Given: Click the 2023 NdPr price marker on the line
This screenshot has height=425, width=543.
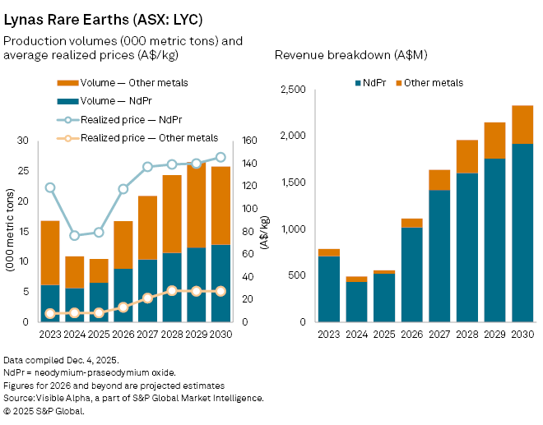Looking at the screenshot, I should point(50,187).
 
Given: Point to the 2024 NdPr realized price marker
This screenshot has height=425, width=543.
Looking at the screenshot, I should point(75,235).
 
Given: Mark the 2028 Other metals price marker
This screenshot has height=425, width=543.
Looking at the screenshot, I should point(172,291).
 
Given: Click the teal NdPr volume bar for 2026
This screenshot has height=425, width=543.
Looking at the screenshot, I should point(123,295).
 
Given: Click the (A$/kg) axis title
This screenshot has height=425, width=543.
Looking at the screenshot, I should point(263,232).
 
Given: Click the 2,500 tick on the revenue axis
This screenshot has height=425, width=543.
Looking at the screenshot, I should point(294,89).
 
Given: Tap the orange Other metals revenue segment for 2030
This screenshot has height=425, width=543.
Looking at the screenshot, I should point(522,125).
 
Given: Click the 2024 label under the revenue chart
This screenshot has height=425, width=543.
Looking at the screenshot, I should point(356,335).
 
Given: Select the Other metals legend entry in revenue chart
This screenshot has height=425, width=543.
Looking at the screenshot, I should point(430,82).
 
